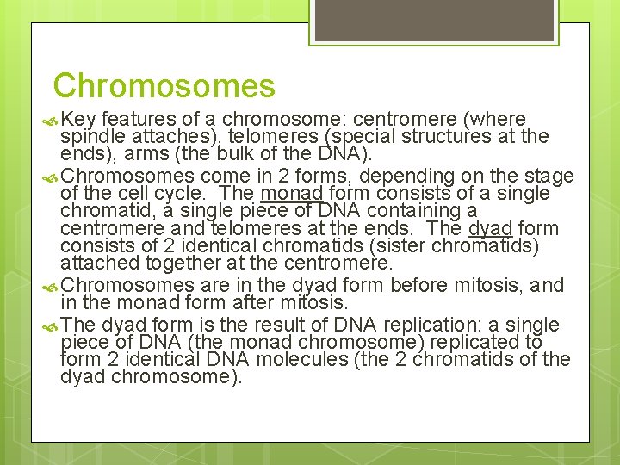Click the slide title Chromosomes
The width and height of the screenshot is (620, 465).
(x=164, y=86)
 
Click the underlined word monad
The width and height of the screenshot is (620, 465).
(x=291, y=195)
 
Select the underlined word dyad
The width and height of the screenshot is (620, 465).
(x=490, y=229)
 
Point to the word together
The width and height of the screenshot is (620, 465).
(x=176, y=263)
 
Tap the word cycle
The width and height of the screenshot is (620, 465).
(x=176, y=194)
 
